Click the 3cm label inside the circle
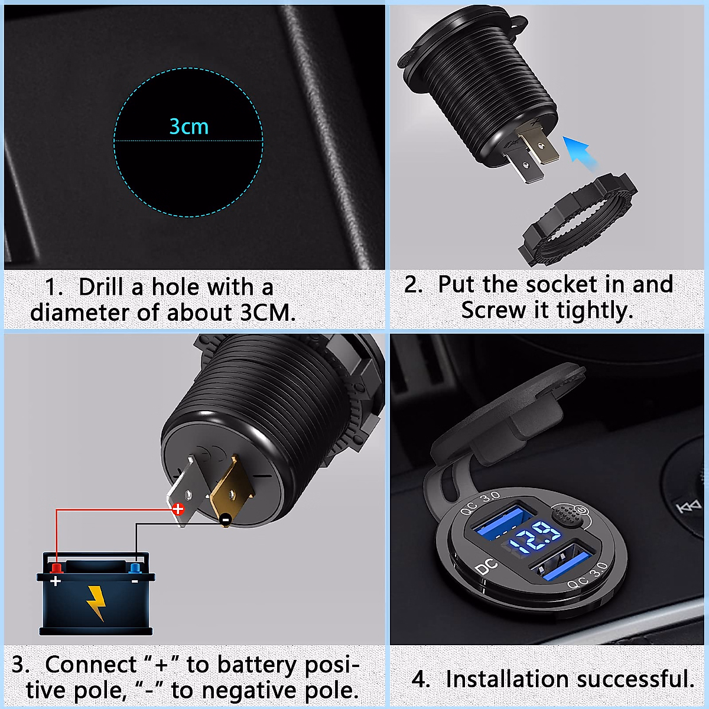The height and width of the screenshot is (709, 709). pyautogui.click(x=188, y=126)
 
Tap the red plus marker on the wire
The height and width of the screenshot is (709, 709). pyautogui.click(x=178, y=509)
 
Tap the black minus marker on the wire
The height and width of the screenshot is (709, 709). pyautogui.click(x=225, y=520)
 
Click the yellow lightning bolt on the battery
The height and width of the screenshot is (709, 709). pyautogui.click(x=96, y=602)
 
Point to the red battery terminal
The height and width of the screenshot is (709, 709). pyautogui.click(x=57, y=568)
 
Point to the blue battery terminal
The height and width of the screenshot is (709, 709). pyautogui.click(x=135, y=568)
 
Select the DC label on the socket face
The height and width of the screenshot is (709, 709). pyautogui.click(x=486, y=568)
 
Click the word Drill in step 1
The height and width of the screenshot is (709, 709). pyautogui.click(x=103, y=287)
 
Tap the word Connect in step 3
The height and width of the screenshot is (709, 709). pyautogui.click(x=91, y=665)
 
